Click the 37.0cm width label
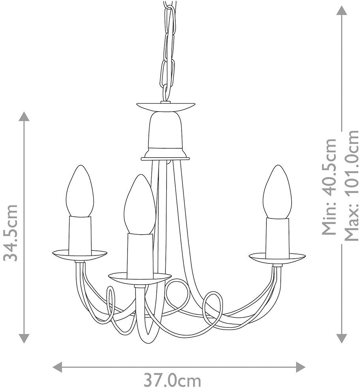[x=172, y=381]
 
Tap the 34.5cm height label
[x=11, y=233]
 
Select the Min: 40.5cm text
[x=329, y=187]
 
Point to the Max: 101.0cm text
[x=351, y=185]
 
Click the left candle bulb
[x=80, y=192]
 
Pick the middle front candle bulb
[x=139, y=205]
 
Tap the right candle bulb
[x=277, y=192]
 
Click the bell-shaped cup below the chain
[x=165, y=132]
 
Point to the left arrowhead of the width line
[x=58, y=367]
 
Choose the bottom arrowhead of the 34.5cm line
[x=24, y=338]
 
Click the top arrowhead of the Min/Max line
[x=341, y=10]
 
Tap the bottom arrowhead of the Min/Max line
[x=341, y=338]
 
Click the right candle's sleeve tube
[x=277, y=237]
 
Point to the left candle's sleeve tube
[x=80, y=235]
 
